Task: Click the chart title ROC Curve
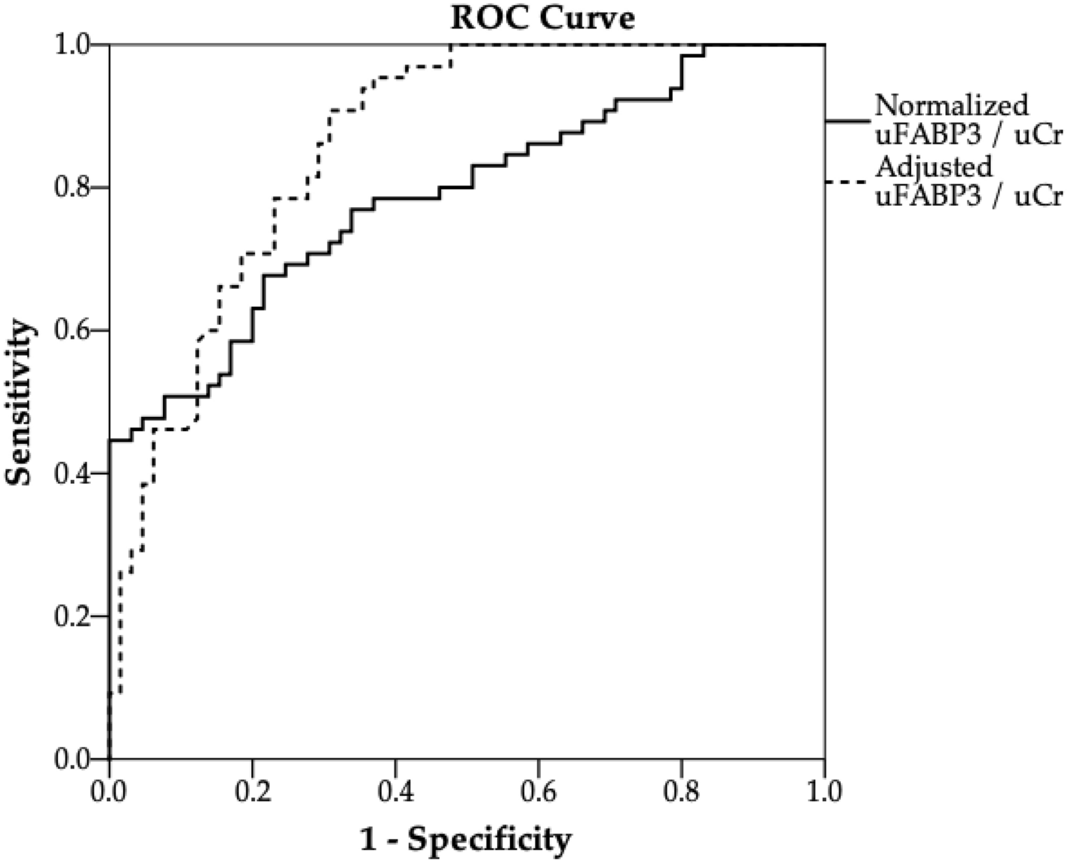coord(542,17)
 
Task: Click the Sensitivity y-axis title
coord(20,403)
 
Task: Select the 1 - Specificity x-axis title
coord(466,839)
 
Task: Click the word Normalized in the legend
coord(951,104)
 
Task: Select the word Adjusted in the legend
coord(934,165)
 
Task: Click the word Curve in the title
coord(591,17)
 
